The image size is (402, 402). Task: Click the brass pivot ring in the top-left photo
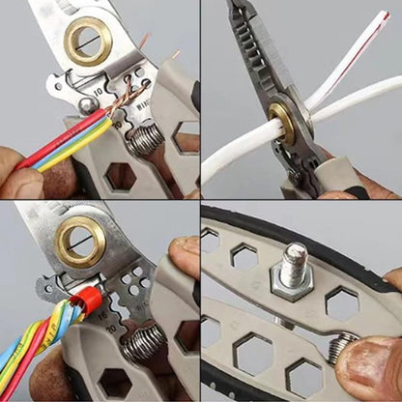88,41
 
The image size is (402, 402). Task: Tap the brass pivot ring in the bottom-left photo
80,242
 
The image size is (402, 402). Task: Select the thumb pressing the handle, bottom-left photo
184,261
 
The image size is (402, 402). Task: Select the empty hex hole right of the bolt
341,302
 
